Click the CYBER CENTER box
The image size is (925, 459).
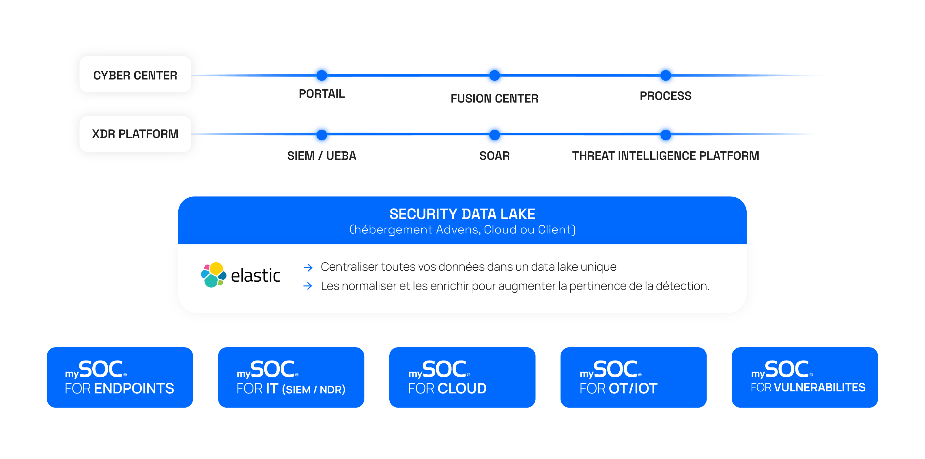135,75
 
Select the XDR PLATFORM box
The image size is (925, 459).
135,134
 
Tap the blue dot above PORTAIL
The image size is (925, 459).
322,75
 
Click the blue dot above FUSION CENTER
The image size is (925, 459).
494,75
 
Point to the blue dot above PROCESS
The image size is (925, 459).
665,75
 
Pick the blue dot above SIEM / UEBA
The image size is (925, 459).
322,135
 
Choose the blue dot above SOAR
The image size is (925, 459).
494,135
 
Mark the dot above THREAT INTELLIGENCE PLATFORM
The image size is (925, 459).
665,135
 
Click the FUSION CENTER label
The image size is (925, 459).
494,99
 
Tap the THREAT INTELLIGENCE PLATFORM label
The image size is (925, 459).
665,156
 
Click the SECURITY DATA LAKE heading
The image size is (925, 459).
462,214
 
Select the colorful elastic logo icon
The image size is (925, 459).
214,275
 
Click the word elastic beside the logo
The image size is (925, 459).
255,276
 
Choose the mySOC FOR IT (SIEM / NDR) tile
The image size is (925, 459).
291,378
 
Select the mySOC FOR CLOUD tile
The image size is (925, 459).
462,378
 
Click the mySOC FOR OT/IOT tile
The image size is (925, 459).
634,378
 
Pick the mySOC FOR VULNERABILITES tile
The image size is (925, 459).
804,378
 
